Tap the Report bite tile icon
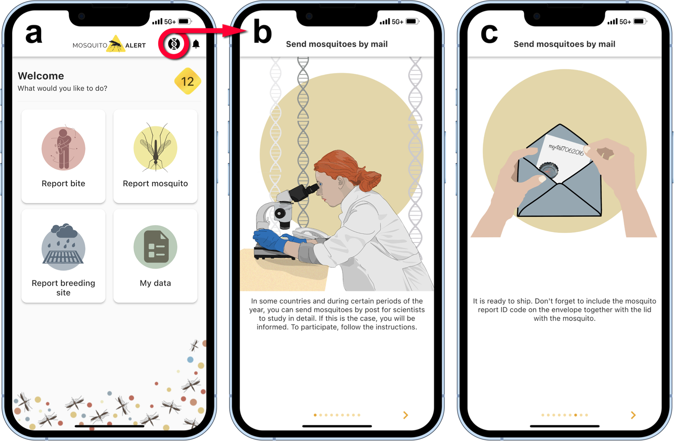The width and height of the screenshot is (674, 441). (x=63, y=148)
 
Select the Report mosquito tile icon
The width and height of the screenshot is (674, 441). (x=155, y=148)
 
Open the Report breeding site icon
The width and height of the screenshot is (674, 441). (x=63, y=247)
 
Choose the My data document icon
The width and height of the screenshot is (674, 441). (x=155, y=247)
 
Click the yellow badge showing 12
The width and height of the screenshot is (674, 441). (x=188, y=81)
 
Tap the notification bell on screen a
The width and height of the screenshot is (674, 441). (x=196, y=44)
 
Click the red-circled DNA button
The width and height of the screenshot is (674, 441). (x=174, y=44)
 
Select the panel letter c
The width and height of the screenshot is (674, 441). (x=489, y=34)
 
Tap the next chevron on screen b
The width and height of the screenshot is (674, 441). (x=406, y=415)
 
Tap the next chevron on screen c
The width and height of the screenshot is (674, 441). (x=633, y=415)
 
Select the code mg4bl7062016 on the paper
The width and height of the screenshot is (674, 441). (x=566, y=150)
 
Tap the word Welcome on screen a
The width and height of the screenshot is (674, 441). (x=41, y=76)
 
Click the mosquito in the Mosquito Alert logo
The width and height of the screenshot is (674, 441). (x=116, y=45)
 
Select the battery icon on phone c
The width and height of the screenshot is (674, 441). (x=640, y=21)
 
